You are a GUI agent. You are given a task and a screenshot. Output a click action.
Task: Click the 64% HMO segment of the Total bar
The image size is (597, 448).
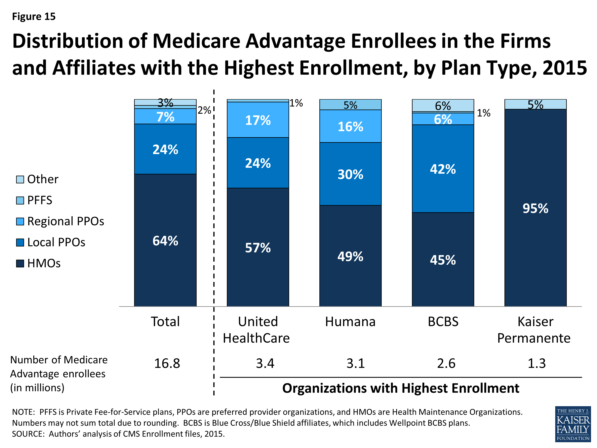(165, 240)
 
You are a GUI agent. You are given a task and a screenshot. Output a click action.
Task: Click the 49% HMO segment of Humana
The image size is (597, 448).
(350, 256)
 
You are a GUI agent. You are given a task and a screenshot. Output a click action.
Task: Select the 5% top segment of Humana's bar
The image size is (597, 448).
(350, 105)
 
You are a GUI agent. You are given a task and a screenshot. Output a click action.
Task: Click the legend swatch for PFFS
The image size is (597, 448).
(20, 200)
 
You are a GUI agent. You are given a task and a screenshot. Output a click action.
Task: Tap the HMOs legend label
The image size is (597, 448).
(44, 263)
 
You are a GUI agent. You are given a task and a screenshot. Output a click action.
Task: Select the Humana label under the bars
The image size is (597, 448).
(350, 322)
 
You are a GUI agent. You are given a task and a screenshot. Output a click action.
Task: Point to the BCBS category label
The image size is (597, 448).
(443, 322)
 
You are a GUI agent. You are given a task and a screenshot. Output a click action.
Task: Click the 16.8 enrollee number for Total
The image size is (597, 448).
(167, 363)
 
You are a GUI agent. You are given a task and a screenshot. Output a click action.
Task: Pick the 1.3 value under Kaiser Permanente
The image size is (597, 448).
(537, 363)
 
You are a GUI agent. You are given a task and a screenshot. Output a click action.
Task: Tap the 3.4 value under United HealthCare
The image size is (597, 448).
(265, 363)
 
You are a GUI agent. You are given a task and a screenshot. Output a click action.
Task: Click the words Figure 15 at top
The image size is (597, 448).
(34, 17)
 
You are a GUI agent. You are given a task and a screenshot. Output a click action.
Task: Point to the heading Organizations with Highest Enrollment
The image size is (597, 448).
(401, 388)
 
